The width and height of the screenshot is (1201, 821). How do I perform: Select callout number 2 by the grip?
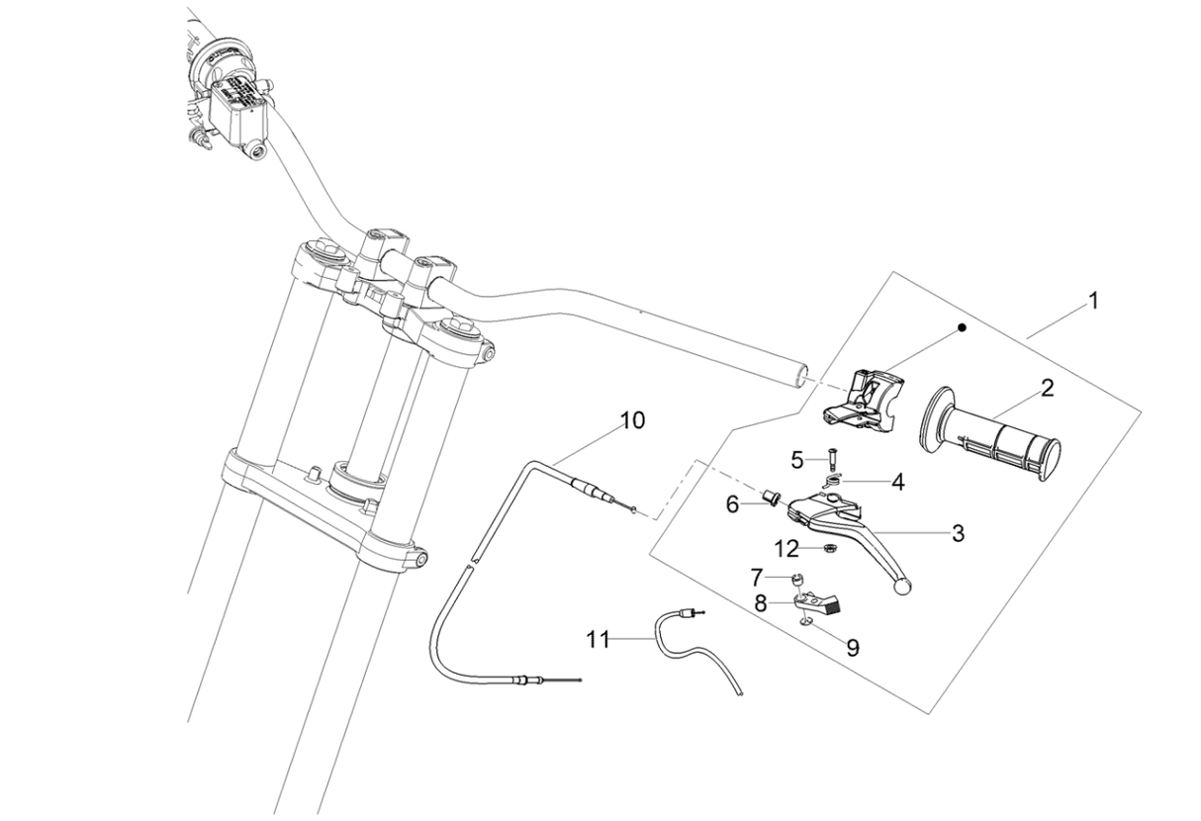1047,387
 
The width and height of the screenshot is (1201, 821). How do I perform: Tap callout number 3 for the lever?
957,533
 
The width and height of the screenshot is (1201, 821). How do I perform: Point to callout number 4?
897,483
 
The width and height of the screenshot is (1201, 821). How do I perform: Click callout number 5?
797,459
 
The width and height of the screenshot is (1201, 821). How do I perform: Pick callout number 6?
733,504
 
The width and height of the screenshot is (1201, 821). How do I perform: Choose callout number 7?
757,575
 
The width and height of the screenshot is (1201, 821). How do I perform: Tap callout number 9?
852,648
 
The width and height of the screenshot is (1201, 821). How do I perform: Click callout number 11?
597,641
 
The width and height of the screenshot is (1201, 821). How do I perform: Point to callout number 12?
785,549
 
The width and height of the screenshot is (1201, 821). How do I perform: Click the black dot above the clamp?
961,326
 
